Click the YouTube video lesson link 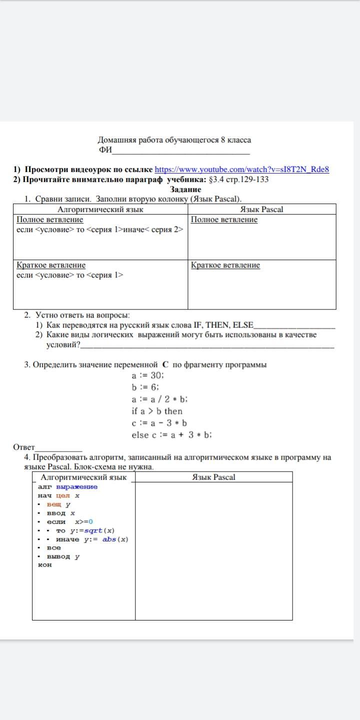click(241, 169)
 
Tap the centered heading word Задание click(185, 189)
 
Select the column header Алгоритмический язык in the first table click(100, 209)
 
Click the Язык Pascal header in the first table click(261, 209)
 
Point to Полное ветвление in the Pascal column click(224, 219)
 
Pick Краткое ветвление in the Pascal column click(225, 265)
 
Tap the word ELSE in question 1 click(243, 325)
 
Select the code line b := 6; click(145, 387)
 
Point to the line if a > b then click(157, 411)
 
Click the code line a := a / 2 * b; click(159, 399)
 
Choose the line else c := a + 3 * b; click(171, 435)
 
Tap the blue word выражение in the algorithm click(77, 487)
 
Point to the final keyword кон click(45, 565)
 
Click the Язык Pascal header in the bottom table click(213, 477)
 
